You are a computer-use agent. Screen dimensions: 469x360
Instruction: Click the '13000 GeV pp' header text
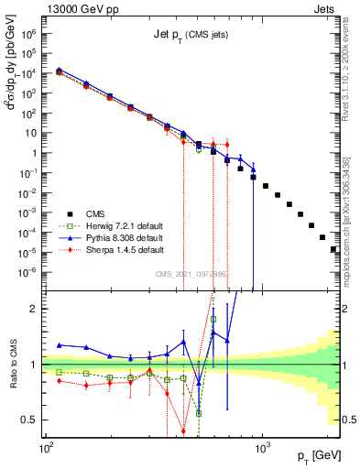point(74,8)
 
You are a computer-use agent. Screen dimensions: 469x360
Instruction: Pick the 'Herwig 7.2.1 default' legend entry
point(125,227)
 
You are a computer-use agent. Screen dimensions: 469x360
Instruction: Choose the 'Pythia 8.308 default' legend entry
point(125,238)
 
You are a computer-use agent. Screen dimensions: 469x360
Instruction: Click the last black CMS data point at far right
point(333,249)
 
